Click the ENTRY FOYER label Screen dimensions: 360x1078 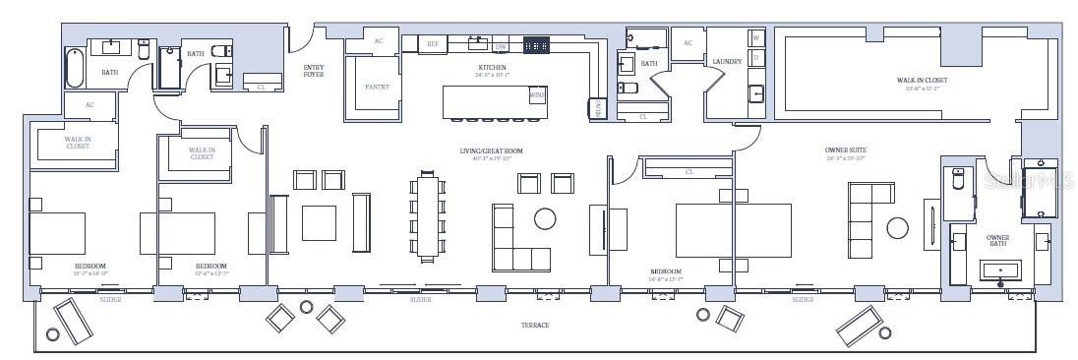coord(313,71)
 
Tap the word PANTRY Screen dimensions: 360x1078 coord(377,88)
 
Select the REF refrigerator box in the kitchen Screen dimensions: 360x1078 coord(433,44)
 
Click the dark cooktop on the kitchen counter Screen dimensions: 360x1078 coord(536,44)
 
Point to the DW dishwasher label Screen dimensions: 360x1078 coord(501,46)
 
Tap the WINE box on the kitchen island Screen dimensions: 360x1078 coord(537,95)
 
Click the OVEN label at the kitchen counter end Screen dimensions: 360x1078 coord(598,109)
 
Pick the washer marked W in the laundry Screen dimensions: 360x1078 coord(756,38)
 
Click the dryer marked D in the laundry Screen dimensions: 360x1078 coord(756,57)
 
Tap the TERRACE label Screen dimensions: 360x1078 coord(534,325)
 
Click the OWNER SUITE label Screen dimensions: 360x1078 coord(844,150)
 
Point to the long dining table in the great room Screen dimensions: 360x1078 coord(427,215)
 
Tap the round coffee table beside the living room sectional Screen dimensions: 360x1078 coord(546,217)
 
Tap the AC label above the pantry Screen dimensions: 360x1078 coord(378,41)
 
